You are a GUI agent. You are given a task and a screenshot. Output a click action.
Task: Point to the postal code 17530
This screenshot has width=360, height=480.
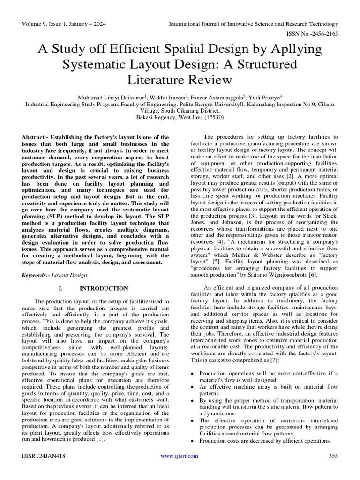point(210,117)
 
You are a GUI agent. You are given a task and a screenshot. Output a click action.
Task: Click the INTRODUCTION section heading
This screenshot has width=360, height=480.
point(104,289)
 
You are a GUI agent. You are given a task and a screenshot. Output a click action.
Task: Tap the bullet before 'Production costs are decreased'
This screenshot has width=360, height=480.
point(194,441)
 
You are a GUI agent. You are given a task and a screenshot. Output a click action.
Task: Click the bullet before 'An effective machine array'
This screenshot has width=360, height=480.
point(194,387)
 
